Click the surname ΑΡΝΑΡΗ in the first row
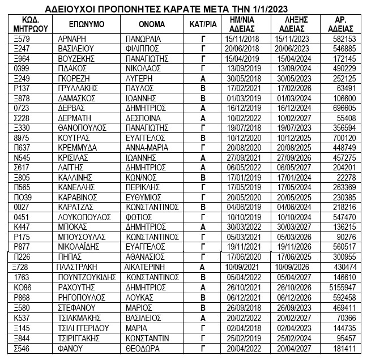72,39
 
